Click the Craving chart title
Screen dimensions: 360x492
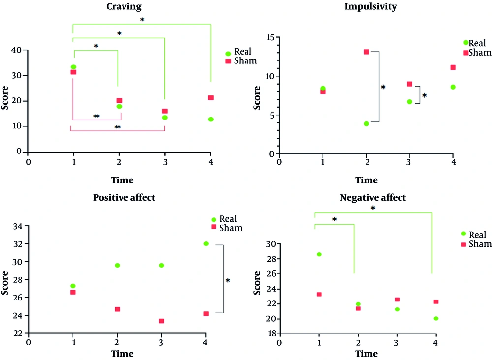tap(124, 6)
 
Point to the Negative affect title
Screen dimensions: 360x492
tap(373, 198)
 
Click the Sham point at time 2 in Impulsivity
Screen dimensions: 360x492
tap(367, 52)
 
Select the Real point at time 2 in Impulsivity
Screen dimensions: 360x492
tap(367, 123)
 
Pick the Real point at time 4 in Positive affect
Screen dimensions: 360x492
tap(206, 243)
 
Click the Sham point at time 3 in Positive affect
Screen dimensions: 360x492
tap(161, 321)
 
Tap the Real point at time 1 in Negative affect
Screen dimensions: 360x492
tap(319, 254)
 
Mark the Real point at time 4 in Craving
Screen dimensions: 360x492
tap(211, 119)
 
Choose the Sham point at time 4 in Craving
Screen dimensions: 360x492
tap(211, 98)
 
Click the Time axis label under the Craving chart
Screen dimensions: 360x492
tap(122, 180)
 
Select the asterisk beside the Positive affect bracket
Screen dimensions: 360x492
tap(228, 281)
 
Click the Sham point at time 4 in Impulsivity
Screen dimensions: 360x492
tap(453, 67)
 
